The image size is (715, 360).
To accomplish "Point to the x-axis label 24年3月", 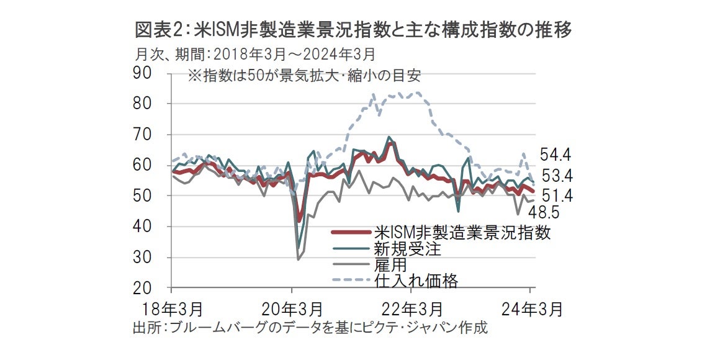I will coord(533,308).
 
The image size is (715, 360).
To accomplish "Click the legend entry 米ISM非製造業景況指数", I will coord(462,233).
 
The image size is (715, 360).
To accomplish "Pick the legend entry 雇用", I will coord(389,265).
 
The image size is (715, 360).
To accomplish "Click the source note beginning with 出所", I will coord(310,327).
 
